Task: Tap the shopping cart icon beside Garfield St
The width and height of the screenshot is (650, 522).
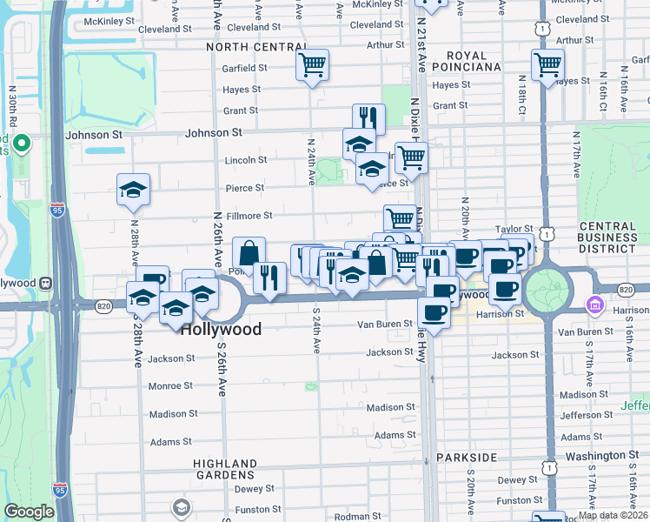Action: [x=312, y=64]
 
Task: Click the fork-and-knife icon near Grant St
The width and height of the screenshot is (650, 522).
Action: [x=368, y=118]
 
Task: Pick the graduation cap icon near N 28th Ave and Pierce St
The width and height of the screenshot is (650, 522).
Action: [x=134, y=189]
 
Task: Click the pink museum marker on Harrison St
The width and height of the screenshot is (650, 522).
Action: [x=594, y=305]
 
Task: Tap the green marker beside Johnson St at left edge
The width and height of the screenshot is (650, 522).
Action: [x=22, y=144]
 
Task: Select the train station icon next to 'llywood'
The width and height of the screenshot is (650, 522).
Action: [x=43, y=283]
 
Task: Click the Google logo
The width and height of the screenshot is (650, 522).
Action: [x=29, y=512]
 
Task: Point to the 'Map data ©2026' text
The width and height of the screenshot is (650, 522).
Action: [x=613, y=515]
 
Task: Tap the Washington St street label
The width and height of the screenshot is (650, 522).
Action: [x=599, y=455]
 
